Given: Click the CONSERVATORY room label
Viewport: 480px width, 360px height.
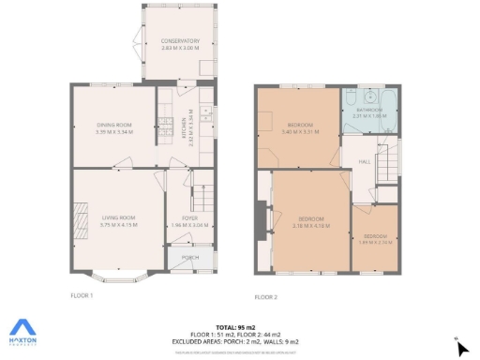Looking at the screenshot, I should tap(180, 41).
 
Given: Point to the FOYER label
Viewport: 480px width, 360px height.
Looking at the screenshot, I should tap(189, 218).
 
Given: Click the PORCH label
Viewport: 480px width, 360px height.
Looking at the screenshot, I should tap(189, 257).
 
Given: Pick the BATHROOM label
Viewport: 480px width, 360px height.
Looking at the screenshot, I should tap(369, 110).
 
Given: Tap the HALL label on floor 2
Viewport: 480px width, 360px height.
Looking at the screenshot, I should tap(365, 161).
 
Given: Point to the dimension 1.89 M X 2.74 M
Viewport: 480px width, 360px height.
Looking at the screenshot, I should tap(375, 242).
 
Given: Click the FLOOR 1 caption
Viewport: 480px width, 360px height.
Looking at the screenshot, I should tap(82, 295).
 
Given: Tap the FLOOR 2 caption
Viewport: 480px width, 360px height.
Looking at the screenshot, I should tap(266, 297).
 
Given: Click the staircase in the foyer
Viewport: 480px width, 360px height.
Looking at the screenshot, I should tap(203, 197).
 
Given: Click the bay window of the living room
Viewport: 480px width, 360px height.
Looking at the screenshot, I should tap(119, 277).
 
